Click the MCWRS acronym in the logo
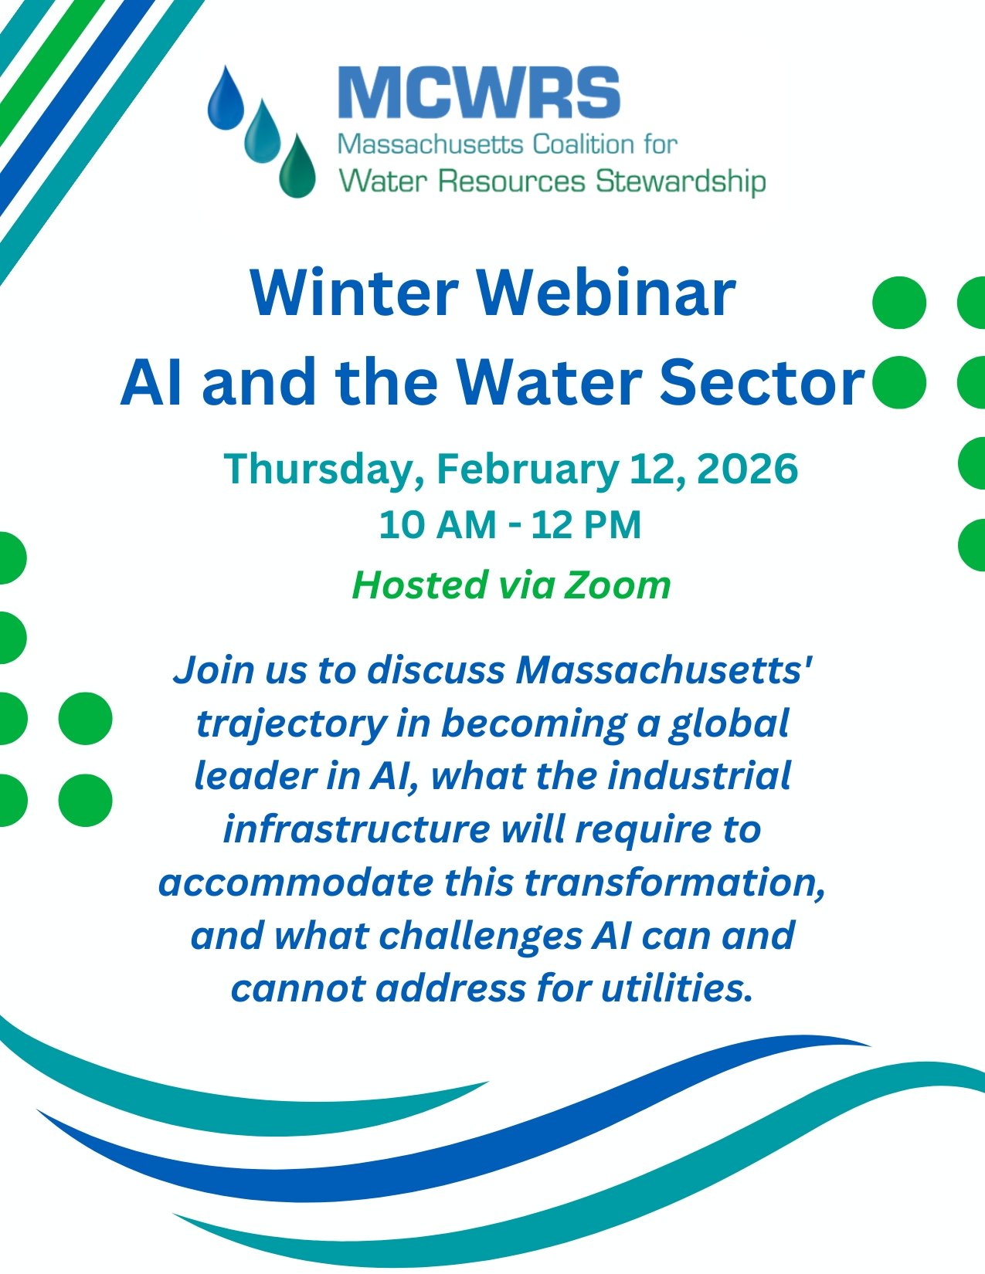coord(479,93)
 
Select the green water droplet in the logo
coord(297,168)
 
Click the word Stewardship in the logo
coord(680,182)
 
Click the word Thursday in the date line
coord(323,469)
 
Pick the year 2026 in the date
coord(747,469)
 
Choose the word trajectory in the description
coord(290,723)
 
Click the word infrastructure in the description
coord(356,829)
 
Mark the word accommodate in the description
coord(295,882)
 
